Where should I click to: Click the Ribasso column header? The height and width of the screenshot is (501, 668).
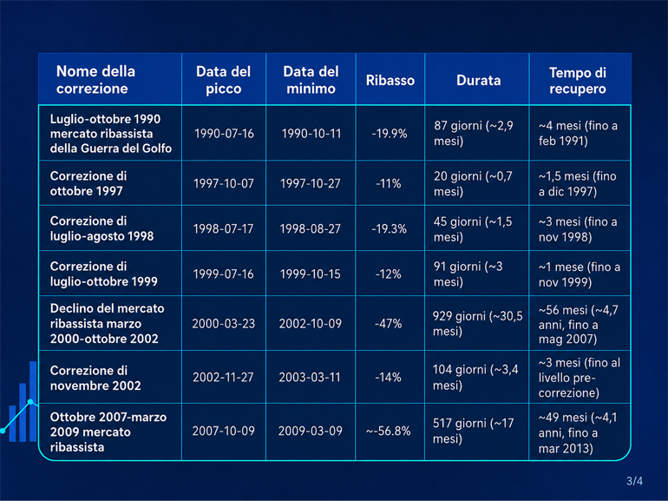coord(390,80)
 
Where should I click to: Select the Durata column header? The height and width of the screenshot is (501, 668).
coord(478,80)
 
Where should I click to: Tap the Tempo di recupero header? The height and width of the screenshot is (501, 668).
coord(577,80)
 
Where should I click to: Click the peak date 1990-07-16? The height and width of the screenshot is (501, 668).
coord(224,134)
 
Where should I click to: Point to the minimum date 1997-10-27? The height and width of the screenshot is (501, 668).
coord(311,183)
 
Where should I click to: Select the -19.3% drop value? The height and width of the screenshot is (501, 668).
coord(390,228)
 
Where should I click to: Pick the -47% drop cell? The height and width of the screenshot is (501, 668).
coord(389,324)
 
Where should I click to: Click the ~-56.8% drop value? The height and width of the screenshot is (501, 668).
coord(388,431)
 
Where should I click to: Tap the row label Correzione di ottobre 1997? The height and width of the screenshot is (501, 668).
coord(88,183)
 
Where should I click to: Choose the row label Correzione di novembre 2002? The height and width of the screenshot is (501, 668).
coord(95,378)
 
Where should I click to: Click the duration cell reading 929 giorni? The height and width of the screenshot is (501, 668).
coord(477,324)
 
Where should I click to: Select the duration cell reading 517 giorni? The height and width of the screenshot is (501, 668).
coord(474,431)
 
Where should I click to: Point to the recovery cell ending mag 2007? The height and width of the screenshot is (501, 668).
coord(578,324)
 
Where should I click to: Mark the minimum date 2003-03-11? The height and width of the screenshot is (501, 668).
coord(310,378)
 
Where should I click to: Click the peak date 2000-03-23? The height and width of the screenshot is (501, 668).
coord(223,324)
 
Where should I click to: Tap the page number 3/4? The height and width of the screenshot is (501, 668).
coord(634,481)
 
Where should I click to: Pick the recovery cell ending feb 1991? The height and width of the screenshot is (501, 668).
coord(578,133)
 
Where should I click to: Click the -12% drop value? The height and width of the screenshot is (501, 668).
coord(388,274)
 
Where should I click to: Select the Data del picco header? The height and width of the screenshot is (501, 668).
coord(223,80)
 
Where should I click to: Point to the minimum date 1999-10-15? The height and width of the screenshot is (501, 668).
coord(311,274)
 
